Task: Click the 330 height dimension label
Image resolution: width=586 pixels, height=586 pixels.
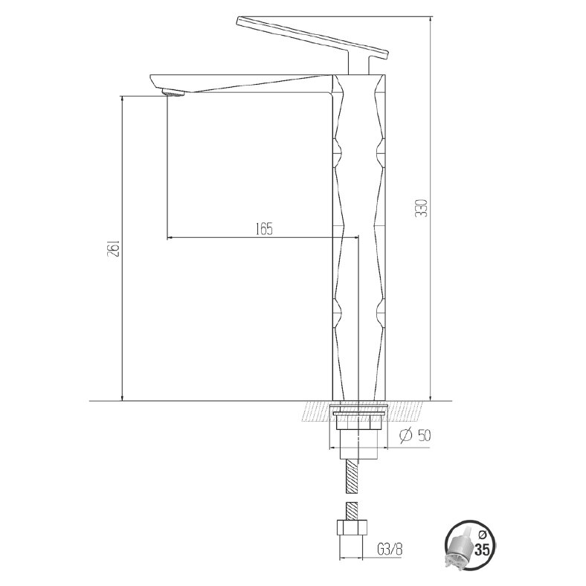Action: (x=422, y=207)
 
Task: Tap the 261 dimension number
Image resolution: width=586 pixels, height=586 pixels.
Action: (x=113, y=248)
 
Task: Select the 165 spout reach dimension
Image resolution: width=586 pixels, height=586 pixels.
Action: (x=264, y=229)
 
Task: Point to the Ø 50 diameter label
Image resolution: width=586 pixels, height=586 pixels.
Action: (x=415, y=435)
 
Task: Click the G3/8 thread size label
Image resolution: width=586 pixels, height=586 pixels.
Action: (x=390, y=550)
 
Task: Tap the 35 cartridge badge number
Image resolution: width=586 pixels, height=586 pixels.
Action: (x=481, y=550)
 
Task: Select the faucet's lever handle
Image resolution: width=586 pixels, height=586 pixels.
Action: (x=313, y=37)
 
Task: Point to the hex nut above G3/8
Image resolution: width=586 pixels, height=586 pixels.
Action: (x=352, y=527)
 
